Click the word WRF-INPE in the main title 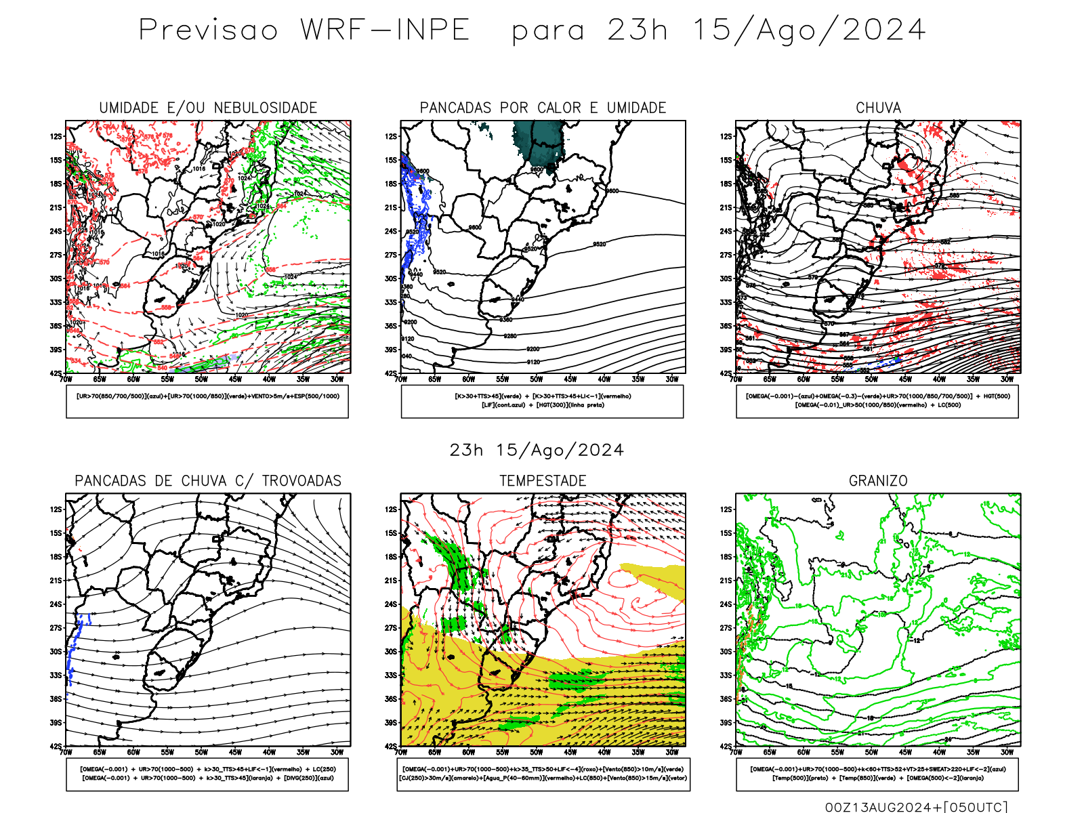[x=385, y=30]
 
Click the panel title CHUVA [x=878, y=108]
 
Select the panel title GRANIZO [x=878, y=481]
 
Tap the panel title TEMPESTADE [x=543, y=481]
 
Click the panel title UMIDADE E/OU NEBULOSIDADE [x=208, y=108]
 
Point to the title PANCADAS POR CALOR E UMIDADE [x=543, y=108]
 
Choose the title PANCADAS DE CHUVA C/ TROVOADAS [x=208, y=481]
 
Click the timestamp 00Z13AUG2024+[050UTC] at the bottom [x=916, y=807]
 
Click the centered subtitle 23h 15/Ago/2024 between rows [x=537, y=451]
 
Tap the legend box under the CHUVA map [x=877, y=401]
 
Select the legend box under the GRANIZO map [x=877, y=774]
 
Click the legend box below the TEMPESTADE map [x=543, y=774]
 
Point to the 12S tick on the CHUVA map [x=726, y=136]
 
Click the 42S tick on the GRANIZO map [x=726, y=746]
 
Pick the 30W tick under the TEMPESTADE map [x=671, y=752]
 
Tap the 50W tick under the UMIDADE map [x=201, y=379]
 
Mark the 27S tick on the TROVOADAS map [x=56, y=628]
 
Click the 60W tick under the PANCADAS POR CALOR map [x=468, y=379]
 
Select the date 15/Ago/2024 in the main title [x=809, y=30]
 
